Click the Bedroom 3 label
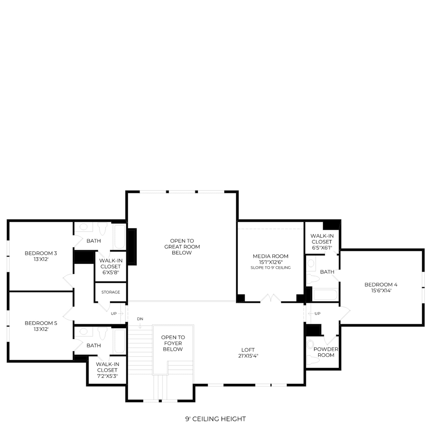coord(41,253)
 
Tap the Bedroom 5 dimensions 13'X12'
coord(41,329)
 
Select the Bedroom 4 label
coord(381,284)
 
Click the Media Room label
coord(270,256)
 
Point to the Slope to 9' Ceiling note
coord(270,268)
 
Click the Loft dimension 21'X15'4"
coord(248,356)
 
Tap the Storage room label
coord(111,292)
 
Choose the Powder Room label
coord(326,352)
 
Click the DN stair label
coord(140,319)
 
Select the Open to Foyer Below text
coord(173,343)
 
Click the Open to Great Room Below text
coord(182,247)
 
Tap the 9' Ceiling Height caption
coord(215,419)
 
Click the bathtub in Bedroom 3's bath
coord(120,237)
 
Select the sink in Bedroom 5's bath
coord(84,331)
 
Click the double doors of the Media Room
coord(271,298)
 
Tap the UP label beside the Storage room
coord(114,314)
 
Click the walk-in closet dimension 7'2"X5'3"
coord(107,376)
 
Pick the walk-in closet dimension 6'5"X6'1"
coord(322,248)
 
